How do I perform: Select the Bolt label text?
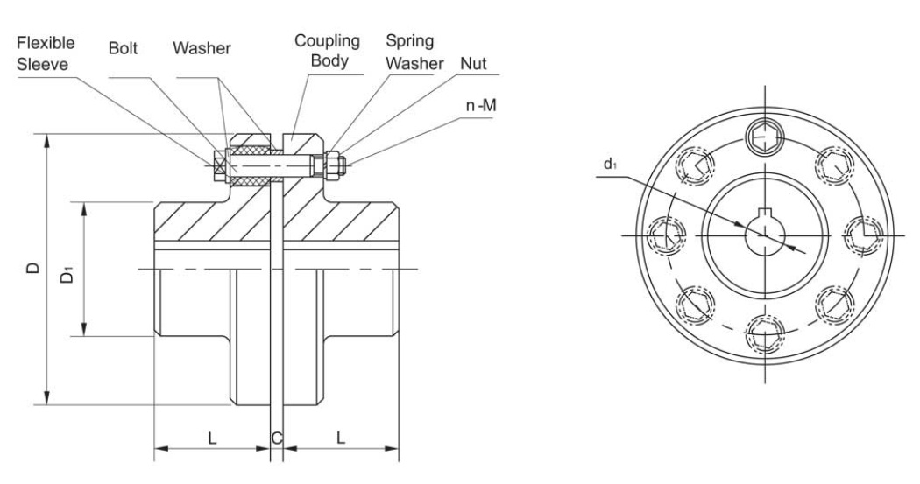(122, 50)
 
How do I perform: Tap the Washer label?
(202, 50)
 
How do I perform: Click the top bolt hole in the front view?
(763, 136)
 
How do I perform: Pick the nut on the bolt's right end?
(335, 163)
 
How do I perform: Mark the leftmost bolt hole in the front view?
(665, 235)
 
